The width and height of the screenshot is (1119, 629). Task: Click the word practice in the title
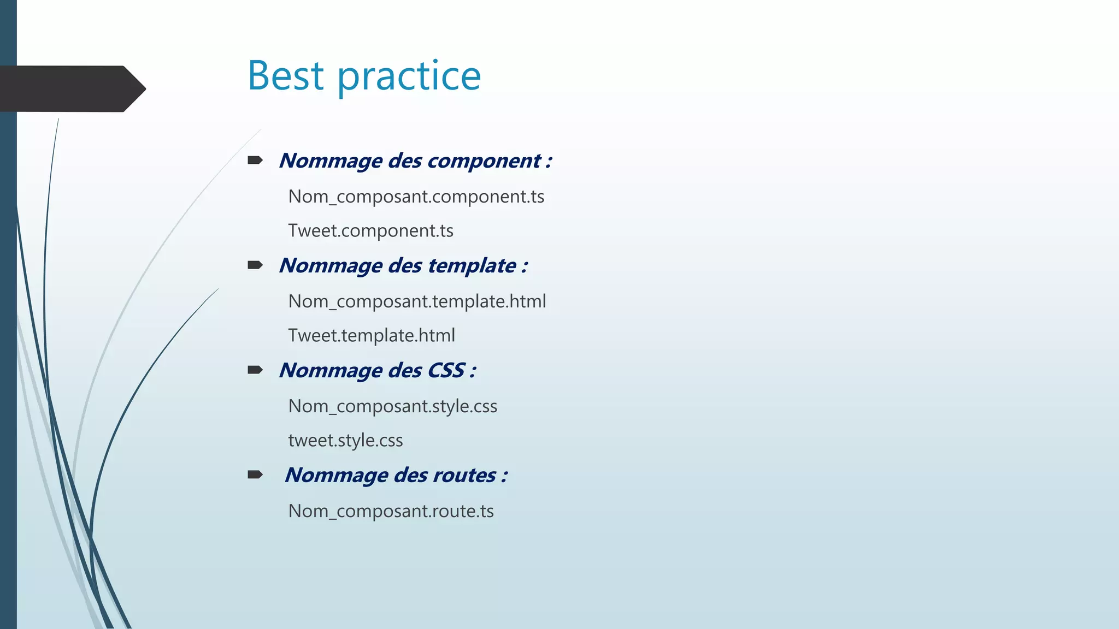pyautogui.click(x=409, y=76)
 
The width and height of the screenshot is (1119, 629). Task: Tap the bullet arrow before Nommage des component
pyautogui.click(x=255, y=160)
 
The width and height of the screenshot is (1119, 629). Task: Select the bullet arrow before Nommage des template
pyautogui.click(x=255, y=265)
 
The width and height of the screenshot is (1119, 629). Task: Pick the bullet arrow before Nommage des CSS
pyautogui.click(x=255, y=370)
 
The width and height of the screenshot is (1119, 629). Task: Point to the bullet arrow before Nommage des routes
pyautogui.click(x=255, y=474)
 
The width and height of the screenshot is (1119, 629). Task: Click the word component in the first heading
pyautogui.click(x=484, y=161)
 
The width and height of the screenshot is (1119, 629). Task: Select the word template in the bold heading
pyautogui.click(x=472, y=266)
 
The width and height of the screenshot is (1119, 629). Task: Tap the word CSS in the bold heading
pyautogui.click(x=446, y=370)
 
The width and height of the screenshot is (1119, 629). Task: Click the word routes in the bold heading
pyautogui.click(x=464, y=475)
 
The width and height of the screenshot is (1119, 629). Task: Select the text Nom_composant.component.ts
pyautogui.click(x=416, y=197)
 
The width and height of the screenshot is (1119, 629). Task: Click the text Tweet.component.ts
pyautogui.click(x=370, y=231)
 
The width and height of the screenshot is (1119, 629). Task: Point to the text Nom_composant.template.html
pyautogui.click(x=417, y=301)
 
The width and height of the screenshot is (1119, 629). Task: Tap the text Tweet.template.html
pyautogui.click(x=372, y=335)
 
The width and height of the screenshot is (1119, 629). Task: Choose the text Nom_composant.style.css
pyautogui.click(x=392, y=406)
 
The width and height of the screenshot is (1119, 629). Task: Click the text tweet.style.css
pyautogui.click(x=345, y=440)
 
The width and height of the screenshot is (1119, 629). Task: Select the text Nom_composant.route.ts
pyautogui.click(x=391, y=511)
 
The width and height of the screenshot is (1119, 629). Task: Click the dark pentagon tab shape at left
pyautogui.click(x=71, y=88)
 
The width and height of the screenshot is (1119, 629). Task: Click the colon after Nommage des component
pyautogui.click(x=549, y=162)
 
